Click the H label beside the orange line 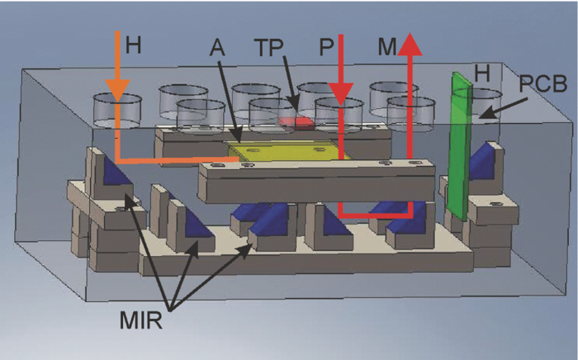(133, 48)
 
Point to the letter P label (326, 47)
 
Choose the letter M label (385, 47)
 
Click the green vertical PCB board (459, 149)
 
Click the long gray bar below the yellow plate (318, 182)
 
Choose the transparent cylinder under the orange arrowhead (117, 110)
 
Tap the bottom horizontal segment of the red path (377, 217)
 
